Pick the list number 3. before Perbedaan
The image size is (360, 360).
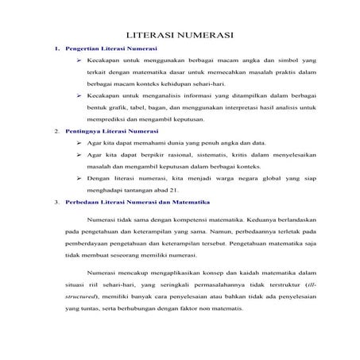point(57,203)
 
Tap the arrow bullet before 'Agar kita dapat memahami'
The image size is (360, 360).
point(79,142)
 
